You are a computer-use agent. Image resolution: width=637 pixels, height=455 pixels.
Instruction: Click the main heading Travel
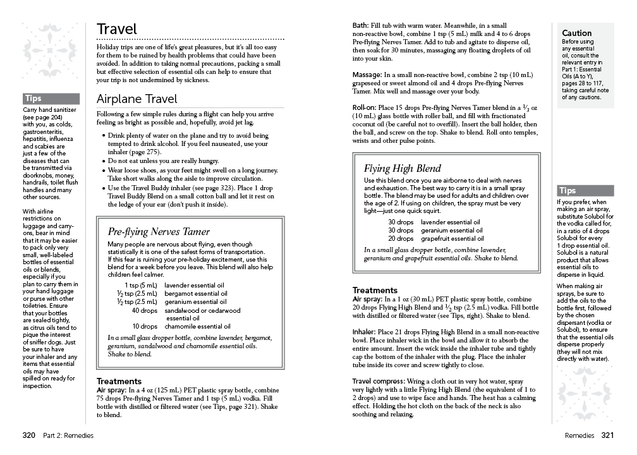pos(117,29)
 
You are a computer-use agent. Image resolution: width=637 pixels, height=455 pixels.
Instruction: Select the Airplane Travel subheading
pos(137,99)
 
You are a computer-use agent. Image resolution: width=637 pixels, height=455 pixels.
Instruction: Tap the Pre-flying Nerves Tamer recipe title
pos(159,231)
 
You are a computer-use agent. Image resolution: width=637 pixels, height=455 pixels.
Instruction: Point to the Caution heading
pos(577,33)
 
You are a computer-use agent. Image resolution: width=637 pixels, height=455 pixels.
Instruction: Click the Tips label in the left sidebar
pos(34,99)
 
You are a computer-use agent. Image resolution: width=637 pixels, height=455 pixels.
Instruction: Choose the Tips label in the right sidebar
pos(567,191)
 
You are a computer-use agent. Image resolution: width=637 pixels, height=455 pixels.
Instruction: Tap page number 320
pos(28,435)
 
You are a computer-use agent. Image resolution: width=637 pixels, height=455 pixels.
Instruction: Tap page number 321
pos(607,435)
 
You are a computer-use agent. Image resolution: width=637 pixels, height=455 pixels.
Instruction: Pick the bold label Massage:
pos(367,75)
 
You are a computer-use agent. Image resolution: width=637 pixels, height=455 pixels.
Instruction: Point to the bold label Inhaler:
pos(364,332)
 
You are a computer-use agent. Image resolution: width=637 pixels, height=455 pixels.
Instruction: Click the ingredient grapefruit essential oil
pos(452,239)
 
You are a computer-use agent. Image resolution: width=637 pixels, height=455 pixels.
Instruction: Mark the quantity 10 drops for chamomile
pos(145,327)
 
